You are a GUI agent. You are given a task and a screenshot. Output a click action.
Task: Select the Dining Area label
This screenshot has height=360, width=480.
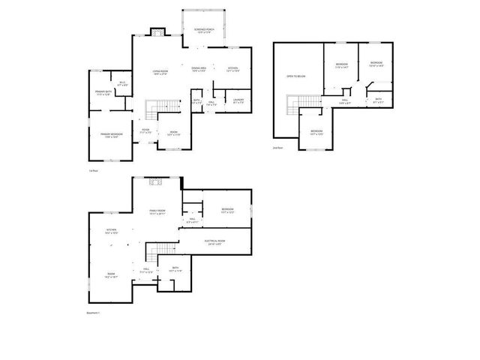pyautogui.click(x=199, y=70)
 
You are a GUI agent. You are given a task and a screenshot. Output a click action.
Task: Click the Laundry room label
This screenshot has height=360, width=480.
pyautogui.click(x=238, y=100)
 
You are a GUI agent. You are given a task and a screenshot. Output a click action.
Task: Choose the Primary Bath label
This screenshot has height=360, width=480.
pyautogui.click(x=103, y=93)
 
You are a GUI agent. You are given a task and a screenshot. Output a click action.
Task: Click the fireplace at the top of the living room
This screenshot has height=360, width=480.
pyautogui.click(x=157, y=31)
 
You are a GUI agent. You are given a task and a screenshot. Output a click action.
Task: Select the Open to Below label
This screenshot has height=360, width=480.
pyautogui.click(x=295, y=76)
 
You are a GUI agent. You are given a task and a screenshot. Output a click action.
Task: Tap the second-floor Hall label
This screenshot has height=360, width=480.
pyautogui.click(x=346, y=100)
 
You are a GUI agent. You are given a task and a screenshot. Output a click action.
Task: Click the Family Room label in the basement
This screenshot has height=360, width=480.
pyautogui.click(x=157, y=212)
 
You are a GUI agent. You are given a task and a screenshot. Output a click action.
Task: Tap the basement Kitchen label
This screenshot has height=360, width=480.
pyautogui.click(x=111, y=231)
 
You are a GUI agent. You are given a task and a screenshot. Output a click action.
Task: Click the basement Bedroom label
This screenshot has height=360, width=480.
pyautogui.click(x=227, y=210)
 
